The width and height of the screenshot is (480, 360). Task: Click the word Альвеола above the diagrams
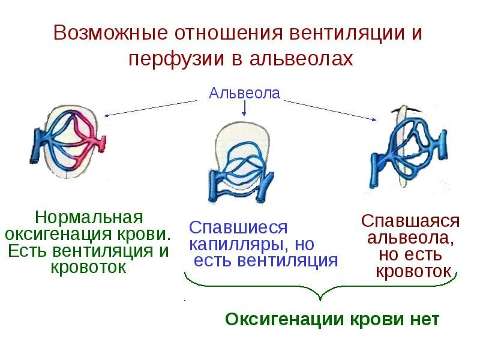click(244, 94)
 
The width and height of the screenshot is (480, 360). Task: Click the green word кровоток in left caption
click(89, 267)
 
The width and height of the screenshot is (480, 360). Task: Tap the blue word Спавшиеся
click(239, 227)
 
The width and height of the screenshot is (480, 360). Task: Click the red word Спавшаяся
click(410, 220)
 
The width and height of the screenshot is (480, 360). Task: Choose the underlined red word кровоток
click(413, 271)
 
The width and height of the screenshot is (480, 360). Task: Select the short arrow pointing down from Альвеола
click(244, 107)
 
